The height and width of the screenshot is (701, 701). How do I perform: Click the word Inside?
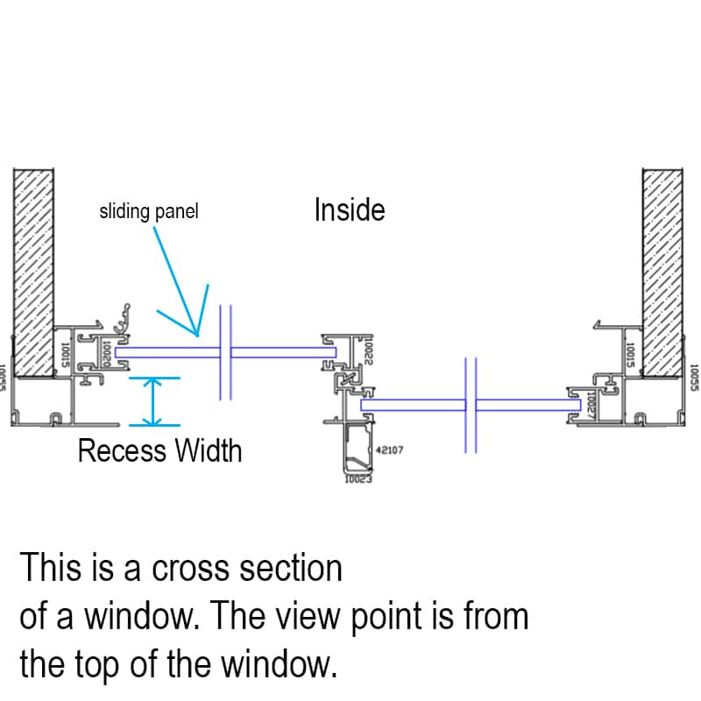(350, 210)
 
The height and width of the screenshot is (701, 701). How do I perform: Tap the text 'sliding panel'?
(148, 212)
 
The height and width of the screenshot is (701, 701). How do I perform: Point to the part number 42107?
(389, 450)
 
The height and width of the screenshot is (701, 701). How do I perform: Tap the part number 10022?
(369, 350)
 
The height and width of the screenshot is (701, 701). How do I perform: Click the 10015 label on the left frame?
(64, 354)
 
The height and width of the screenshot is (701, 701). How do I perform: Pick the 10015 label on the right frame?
(627, 354)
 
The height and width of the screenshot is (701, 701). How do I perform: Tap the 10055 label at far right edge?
(694, 378)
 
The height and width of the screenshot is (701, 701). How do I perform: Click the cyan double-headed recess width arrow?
(154, 402)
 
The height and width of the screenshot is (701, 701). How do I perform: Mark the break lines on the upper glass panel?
(224, 352)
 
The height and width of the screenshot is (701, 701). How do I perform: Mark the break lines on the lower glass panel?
(471, 405)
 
